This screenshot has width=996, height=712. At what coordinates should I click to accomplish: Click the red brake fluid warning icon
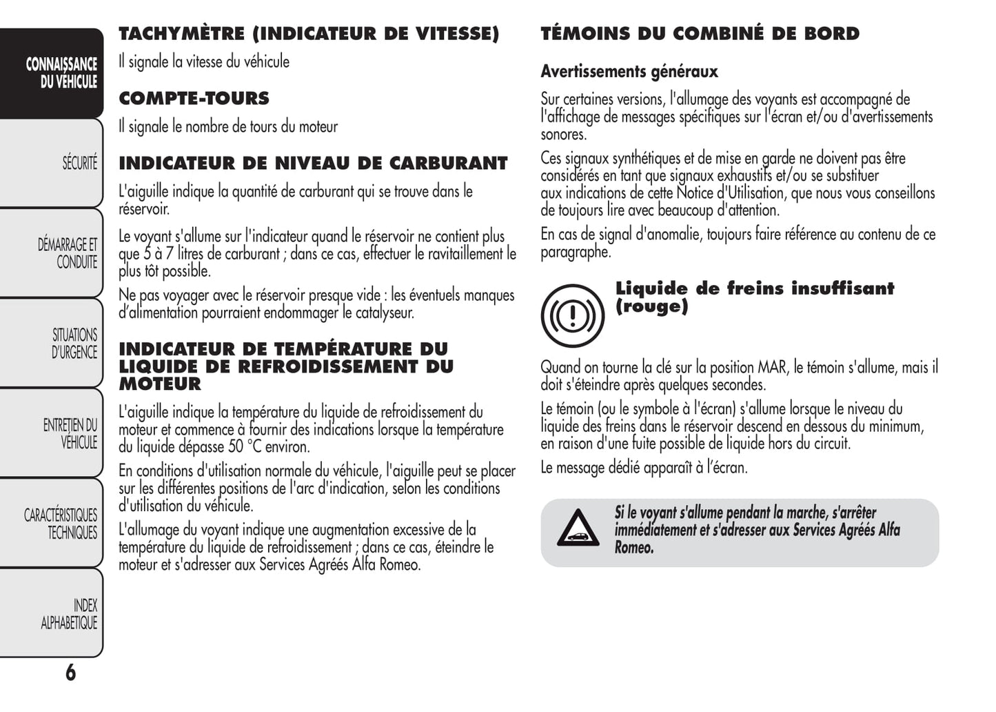[x=572, y=315]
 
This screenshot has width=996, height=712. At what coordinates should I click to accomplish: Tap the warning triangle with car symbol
[x=578, y=529]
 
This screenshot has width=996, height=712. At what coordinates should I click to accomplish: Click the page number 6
[x=70, y=672]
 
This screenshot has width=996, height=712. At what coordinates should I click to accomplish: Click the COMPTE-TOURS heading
[x=194, y=98]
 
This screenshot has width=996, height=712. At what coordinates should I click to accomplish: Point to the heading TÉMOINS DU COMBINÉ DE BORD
[x=700, y=33]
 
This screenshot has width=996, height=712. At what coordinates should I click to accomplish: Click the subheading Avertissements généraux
[x=629, y=71]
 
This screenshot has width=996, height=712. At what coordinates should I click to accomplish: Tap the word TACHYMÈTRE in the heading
[x=181, y=33]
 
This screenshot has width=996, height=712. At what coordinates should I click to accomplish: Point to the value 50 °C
[x=245, y=446]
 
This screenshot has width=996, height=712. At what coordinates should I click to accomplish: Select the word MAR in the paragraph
[x=772, y=367]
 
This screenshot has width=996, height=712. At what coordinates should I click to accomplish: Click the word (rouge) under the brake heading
[x=651, y=306]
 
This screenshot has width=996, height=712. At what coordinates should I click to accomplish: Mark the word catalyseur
[x=384, y=313]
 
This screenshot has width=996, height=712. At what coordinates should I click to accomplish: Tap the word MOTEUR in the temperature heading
[x=160, y=384]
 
